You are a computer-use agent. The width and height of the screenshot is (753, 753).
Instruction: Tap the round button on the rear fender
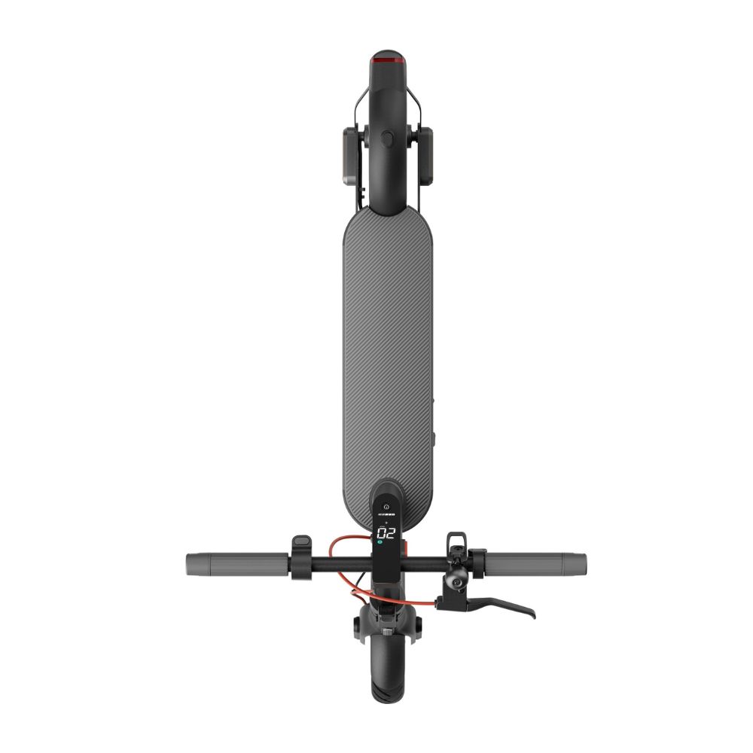(387, 139)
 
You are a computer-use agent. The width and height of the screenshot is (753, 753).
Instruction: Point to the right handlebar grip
(536, 562)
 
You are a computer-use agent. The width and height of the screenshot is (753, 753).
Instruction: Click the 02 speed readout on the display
(386, 533)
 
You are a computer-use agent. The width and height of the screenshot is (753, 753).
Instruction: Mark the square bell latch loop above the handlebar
(456, 541)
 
